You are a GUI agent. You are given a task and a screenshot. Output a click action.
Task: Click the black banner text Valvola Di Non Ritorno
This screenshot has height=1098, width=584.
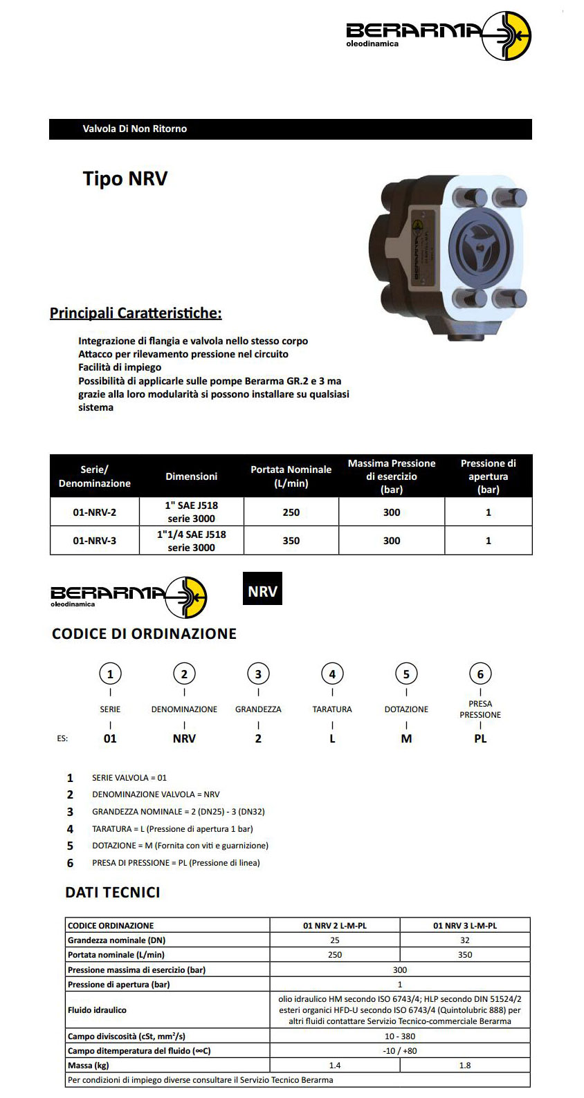pyautogui.click(x=135, y=129)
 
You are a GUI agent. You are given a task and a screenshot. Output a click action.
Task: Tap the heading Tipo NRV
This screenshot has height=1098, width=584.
pyautogui.click(x=125, y=178)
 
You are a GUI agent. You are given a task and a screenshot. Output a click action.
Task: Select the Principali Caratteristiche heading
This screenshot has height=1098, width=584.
pyautogui.click(x=136, y=313)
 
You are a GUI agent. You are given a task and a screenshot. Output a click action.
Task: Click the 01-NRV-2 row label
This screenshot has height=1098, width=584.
pyautogui.click(x=95, y=512)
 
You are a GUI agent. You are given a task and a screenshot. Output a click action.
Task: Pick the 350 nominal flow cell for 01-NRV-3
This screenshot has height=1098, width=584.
pyautogui.click(x=291, y=541)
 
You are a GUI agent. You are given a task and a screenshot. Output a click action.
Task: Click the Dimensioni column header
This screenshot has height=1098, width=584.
pyautogui.click(x=192, y=476)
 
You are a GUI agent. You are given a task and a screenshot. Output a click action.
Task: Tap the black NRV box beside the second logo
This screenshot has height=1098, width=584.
pyautogui.click(x=262, y=591)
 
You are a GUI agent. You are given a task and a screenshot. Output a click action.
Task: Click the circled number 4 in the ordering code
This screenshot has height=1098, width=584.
pyautogui.click(x=332, y=674)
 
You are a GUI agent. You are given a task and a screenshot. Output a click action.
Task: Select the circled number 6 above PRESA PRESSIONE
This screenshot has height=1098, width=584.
pyautogui.click(x=480, y=674)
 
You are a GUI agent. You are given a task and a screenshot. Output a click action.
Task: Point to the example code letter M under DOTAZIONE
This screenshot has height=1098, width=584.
pyautogui.click(x=406, y=738)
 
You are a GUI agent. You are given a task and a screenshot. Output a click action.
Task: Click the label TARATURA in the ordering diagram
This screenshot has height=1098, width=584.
pyautogui.click(x=332, y=709)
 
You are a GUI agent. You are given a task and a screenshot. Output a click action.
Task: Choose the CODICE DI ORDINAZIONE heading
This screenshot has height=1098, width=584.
pyautogui.click(x=144, y=634)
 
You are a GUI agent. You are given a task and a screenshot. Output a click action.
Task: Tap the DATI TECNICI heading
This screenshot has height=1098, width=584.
pyautogui.click(x=113, y=893)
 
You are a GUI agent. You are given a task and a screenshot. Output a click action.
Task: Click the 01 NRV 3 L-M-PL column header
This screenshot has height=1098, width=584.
pyautogui.click(x=465, y=925)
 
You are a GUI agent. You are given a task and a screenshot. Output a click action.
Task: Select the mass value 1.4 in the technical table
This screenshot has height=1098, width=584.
pyautogui.click(x=335, y=1066)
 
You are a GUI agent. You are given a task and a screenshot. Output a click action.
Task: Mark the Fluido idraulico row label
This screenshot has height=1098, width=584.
pyautogui.click(x=98, y=1010)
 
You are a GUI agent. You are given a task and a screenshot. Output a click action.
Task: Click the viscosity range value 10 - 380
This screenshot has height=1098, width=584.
pyautogui.click(x=400, y=1036)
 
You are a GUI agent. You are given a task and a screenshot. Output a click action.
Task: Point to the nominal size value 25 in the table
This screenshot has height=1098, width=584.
pyautogui.click(x=335, y=940)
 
